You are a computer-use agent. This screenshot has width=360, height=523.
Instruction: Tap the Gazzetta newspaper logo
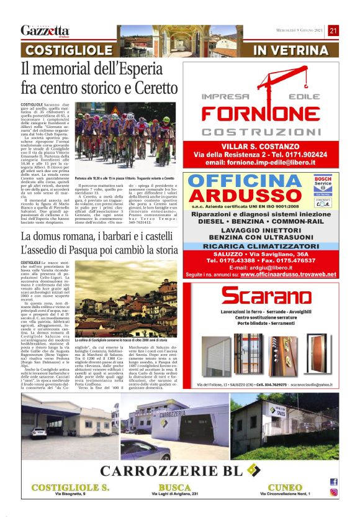pos(45,31)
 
